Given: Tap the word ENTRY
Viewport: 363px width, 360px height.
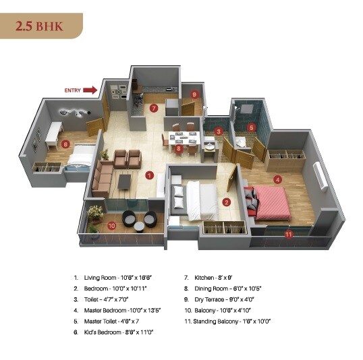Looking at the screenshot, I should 73,90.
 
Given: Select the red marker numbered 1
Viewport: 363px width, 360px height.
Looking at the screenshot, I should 149,175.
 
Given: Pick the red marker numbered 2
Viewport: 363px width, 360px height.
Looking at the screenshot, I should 227,201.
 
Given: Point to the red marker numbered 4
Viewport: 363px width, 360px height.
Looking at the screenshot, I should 277,179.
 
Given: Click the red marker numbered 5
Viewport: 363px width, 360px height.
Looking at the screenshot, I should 252,127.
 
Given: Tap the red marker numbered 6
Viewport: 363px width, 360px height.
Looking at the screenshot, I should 65,143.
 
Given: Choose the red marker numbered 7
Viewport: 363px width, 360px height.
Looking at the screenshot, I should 154,108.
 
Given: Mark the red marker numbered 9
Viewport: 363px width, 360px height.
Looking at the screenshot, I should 194,94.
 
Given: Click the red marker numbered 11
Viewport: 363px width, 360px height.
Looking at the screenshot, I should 289,235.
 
